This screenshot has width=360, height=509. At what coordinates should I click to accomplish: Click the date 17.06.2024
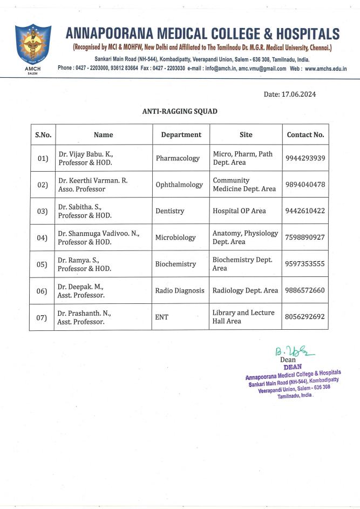pos(289,94)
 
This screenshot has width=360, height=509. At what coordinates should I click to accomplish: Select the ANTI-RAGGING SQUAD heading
pos(180,111)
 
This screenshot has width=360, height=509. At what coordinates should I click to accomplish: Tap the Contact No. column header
pos(305,134)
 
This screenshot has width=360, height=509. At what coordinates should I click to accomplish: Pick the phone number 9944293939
pos(305,158)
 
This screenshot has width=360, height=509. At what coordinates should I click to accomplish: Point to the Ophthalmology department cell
pos(179,185)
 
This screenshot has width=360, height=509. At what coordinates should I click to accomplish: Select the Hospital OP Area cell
pos(239,211)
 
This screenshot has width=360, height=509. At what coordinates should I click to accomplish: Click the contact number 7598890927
pos(305,237)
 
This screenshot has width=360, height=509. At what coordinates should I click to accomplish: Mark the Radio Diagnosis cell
pos(180,290)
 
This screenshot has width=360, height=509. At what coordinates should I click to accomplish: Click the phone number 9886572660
pos(305,290)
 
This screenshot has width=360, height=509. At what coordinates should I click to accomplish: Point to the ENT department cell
pos(162,317)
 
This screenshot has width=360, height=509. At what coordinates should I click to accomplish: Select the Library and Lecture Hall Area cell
pos(243,317)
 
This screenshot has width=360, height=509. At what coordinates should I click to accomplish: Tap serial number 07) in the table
pos(43,317)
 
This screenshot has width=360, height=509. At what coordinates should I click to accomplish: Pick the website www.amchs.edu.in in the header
pos(325,69)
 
